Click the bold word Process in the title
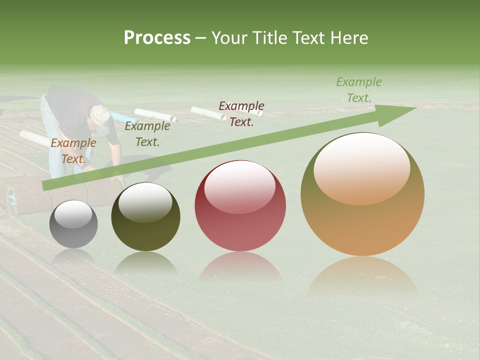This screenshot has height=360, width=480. click(x=157, y=38)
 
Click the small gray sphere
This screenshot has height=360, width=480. click(x=73, y=224)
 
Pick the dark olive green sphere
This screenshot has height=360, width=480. click(x=145, y=217)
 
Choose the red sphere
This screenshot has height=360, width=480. click(x=240, y=205)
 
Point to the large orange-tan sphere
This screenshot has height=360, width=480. click(x=362, y=195)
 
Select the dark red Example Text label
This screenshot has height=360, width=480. click(x=241, y=114)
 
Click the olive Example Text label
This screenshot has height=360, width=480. click(x=147, y=134)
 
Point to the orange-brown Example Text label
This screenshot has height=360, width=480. click(x=73, y=151)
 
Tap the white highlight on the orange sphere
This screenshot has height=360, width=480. click(x=361, y=167)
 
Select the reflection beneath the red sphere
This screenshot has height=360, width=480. click(x=240, y=267)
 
